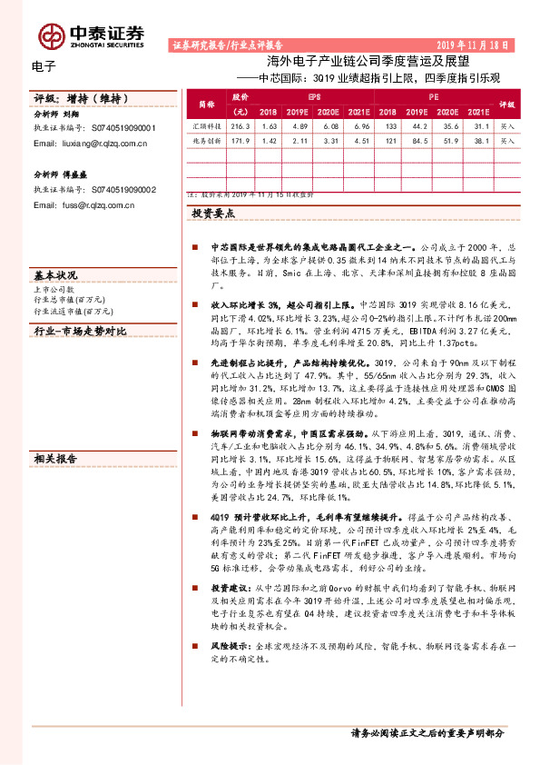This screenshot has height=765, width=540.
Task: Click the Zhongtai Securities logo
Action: [91, 35]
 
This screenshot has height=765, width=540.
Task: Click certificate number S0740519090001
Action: [123, 129]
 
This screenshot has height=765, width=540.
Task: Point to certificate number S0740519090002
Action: [123, 190]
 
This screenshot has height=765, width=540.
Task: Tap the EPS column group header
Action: [314, 94]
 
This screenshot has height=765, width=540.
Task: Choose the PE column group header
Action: [434, 94]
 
